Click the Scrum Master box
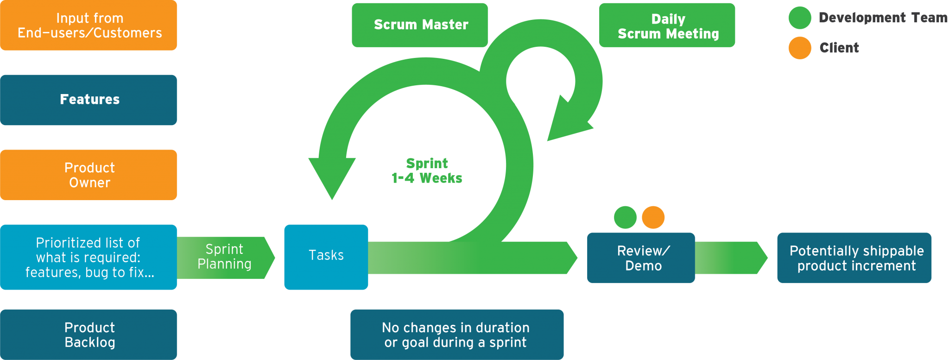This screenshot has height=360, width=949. pyautogui.click(x=419, y=25)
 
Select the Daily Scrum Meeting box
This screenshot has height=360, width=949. pyautogui.click(x=667, y=25)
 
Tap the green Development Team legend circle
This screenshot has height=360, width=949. pyautogui.click(x=800, y=18)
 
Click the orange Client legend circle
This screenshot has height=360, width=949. pyautogui.click(x=800, y=48)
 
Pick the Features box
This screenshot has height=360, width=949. pyautogui.click(x=89, y=100)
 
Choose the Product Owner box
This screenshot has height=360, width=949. pyautogui.click(x=89, y=175)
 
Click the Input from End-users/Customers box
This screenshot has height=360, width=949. pyautogui.click(x=89, y=25)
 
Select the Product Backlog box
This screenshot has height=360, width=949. pyautogui.click(x=89, y=335)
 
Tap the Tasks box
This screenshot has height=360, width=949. pyautogui.click(x=326, y=257)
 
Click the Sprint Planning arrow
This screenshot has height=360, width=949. pyautogui.click(x=225, y=257)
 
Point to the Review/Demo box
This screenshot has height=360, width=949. pyautogui.click(x=641, y=258)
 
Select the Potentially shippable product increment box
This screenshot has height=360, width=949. pyautogui.click(x=854, y=258)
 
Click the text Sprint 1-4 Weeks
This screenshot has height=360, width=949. pyautogui.click(x=427, y=171)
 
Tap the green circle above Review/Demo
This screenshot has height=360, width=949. pyautogui.click(x=625, y=217)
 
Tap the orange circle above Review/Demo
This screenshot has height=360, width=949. pyautogui.click(x=653, y=217)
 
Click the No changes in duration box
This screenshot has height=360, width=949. pyautogui.click(x=456, y=335)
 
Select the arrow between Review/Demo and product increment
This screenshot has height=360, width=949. pyautogui.click(x=730, y=258)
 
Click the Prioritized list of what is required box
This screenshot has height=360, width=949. pyautogui.click(x=89, y=257)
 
